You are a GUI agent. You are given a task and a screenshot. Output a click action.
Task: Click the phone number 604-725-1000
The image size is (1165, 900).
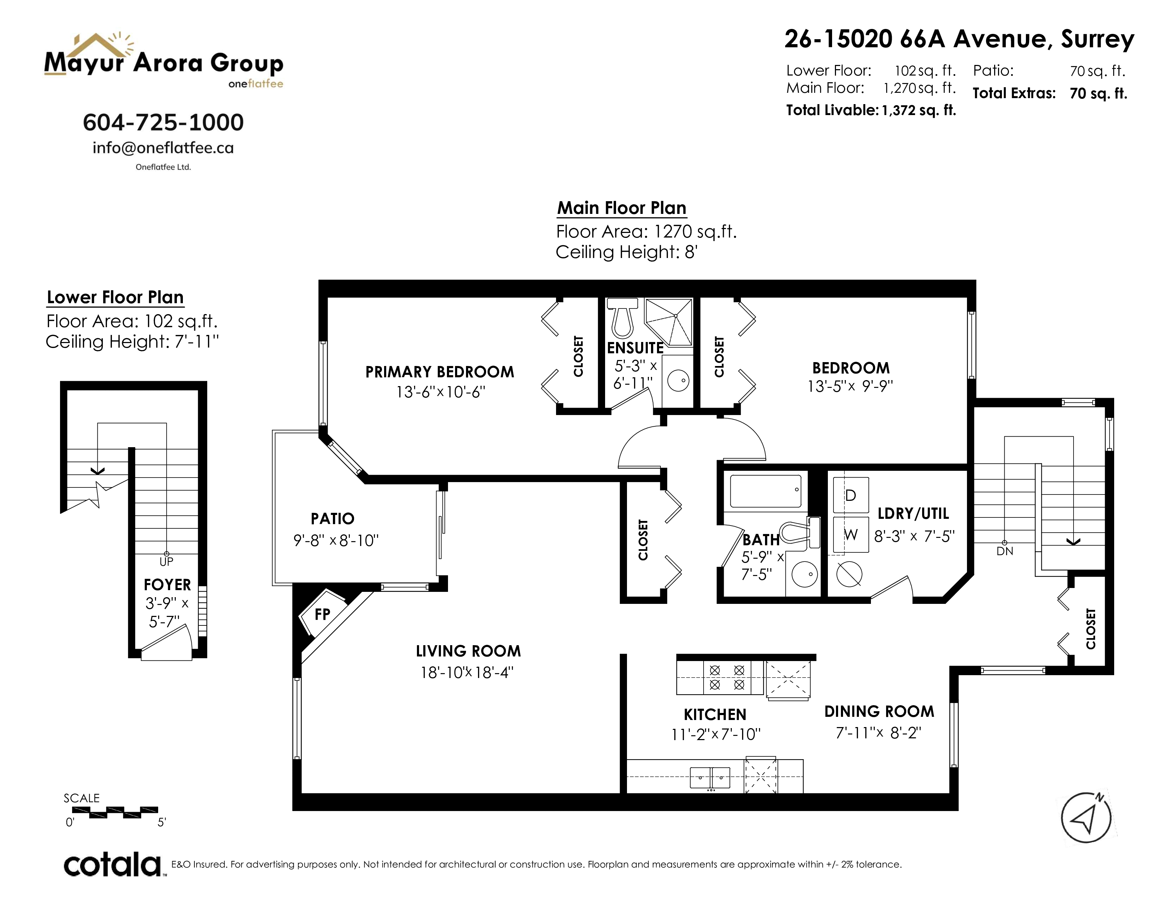pos(163,122)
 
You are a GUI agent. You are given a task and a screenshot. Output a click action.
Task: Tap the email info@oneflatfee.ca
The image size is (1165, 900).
pos(163,148)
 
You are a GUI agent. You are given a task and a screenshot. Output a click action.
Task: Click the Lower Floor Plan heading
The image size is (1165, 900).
pos(115,297)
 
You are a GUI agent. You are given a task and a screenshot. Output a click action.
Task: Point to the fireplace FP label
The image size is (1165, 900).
pos(322,614)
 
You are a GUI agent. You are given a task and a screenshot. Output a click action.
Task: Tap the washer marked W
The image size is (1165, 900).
pos(851,535)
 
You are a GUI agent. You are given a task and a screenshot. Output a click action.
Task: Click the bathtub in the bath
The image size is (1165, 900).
pos(765,491)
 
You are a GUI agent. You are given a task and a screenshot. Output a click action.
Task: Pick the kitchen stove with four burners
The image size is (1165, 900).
pos(727,678)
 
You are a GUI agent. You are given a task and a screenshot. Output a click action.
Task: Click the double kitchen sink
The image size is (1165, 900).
pos(710,778)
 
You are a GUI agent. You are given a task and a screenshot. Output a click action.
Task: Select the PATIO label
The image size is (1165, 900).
pos(332,519)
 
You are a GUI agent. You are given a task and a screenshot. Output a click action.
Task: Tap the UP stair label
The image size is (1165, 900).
pos(166,562)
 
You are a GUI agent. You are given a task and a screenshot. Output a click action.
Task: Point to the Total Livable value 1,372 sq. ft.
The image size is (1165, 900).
pos(919,110)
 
